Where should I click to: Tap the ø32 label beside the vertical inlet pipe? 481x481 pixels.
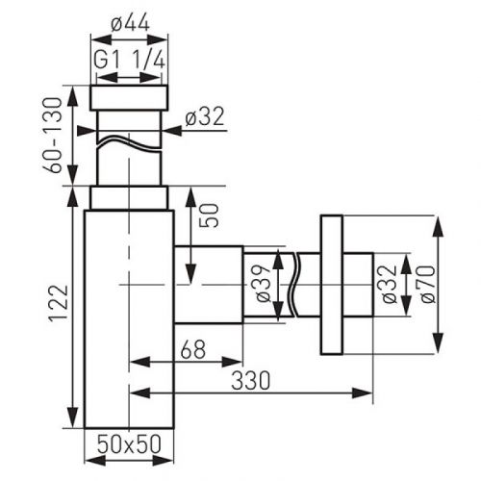[x=203, y=117]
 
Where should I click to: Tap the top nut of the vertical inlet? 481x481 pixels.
[x=129, y=97]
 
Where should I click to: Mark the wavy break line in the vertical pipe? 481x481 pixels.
[x=129, y=145]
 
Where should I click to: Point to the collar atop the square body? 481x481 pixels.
[x=129, y=197]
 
